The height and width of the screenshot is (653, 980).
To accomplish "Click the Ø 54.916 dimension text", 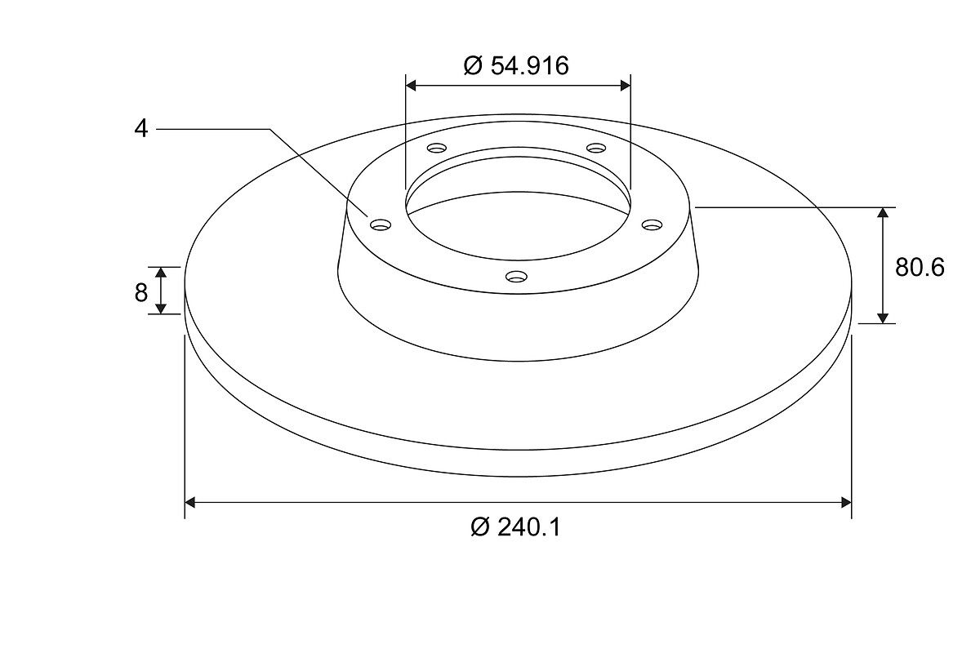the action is pyautogui.click(x=516, y=65).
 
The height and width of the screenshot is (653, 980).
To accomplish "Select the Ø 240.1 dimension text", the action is pyautogui.click(x=516, y=527).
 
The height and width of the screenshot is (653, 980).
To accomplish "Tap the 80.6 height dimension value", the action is pyautogui.click(x=920, y=267).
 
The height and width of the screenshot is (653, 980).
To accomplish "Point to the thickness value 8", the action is pyautogui.click(x=140, y=292).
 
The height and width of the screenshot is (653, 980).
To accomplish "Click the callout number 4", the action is pyautogui.click(x=140, y=129).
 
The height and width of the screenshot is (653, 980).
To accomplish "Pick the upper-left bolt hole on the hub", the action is pyautogui.click(x=437, y=148).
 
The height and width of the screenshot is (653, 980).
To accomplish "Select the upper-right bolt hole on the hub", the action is pyautogui.click(x=596, y=148).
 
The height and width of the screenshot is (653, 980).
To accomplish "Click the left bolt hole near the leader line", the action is pyautogui.click(x=381, y=224).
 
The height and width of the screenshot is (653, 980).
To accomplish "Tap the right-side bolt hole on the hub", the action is pyautogui.click(x=653, y=224).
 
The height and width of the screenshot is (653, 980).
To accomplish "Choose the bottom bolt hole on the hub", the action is pyautogui.click(x=516, y=277).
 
